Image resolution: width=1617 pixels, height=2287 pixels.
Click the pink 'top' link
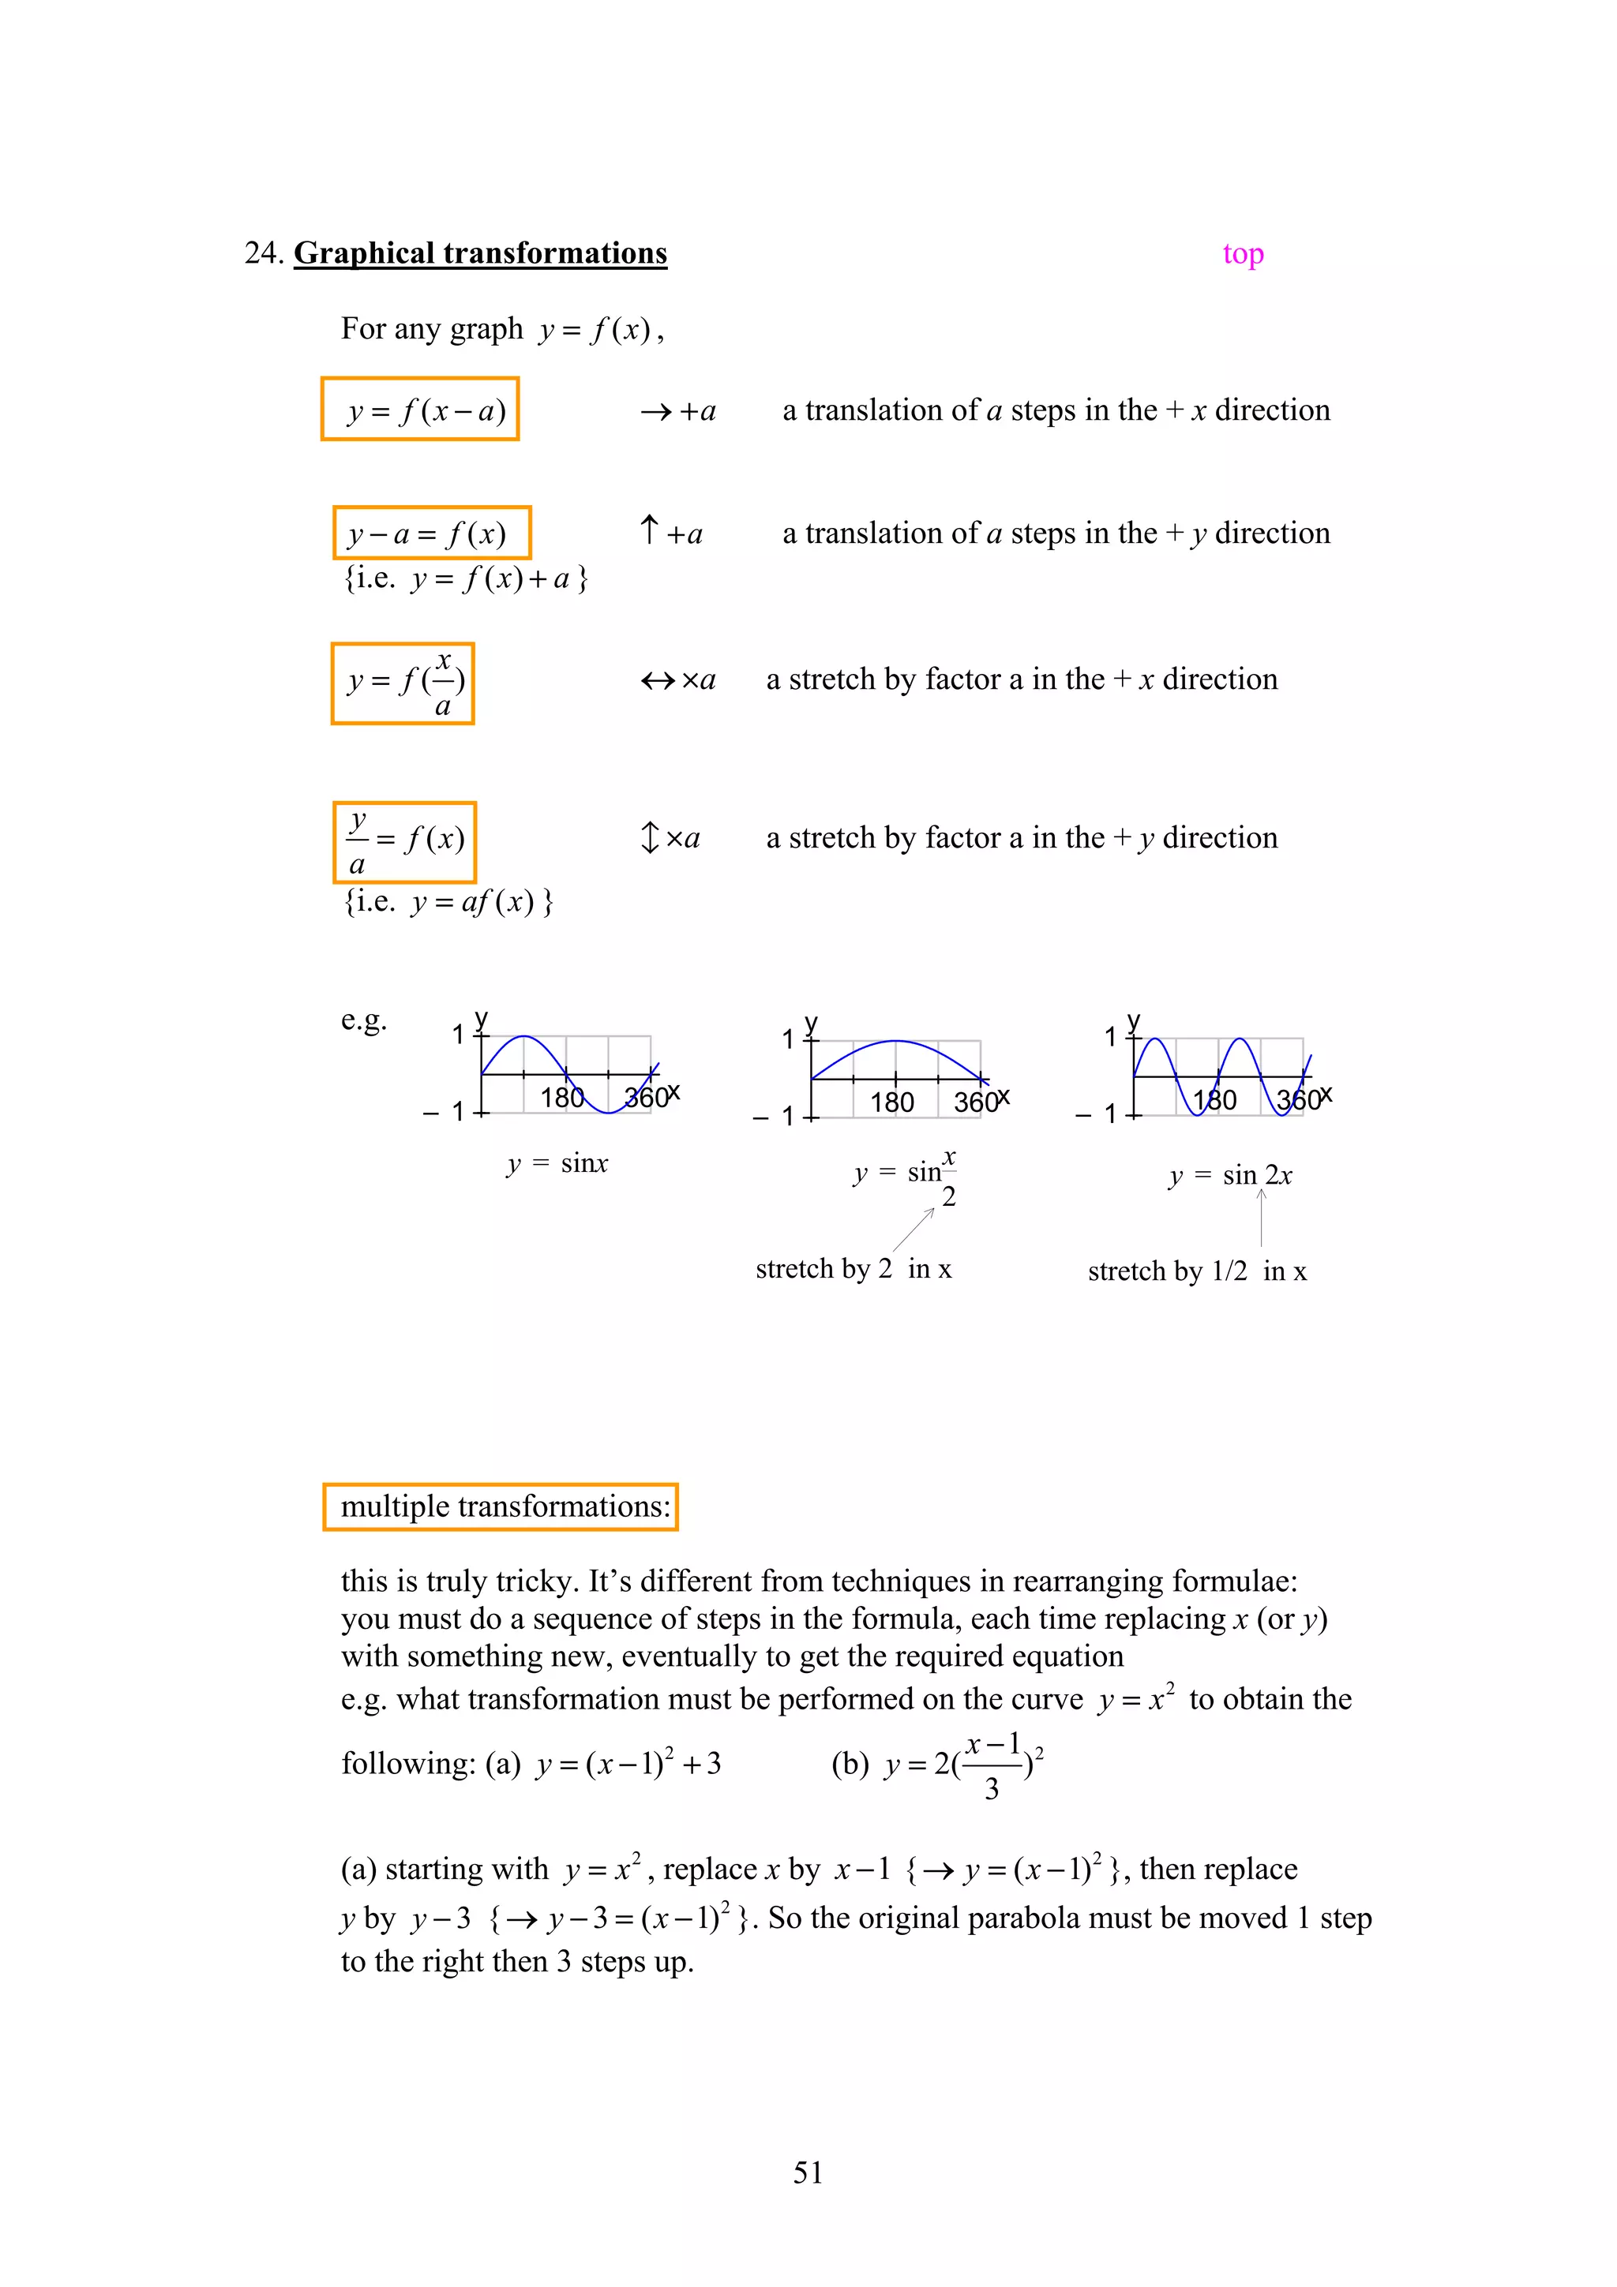click(1243, 254)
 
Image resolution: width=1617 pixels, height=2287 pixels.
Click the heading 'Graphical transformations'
click(480, 253)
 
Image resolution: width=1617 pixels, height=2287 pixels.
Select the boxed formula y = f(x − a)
click(419, 410)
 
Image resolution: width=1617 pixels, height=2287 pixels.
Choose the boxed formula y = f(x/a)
click(403, 683)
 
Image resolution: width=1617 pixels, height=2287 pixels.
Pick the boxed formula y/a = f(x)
click(404, 842)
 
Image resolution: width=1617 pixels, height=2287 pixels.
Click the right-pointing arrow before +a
click(655, 411)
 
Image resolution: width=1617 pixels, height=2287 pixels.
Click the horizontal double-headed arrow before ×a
click(658, 680)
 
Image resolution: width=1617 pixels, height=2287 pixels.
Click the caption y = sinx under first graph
click(557, 1163)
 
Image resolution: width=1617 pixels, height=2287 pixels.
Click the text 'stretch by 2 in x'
click(853, 1269)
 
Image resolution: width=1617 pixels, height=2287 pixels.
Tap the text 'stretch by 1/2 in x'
click(1196, 1271)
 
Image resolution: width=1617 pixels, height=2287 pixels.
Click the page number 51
click(808, 2173)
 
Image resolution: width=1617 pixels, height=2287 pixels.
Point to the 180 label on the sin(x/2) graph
click(891, 1102)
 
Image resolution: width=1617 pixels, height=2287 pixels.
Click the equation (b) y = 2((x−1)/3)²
click(936, 1765)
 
